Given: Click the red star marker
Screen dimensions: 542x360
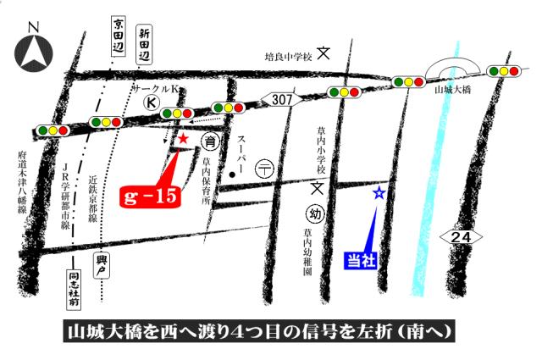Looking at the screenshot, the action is pos(184,139).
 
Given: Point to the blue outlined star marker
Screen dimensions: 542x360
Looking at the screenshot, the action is pos(379,193).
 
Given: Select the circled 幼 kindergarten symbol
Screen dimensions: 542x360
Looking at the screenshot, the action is pos(315,213).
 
